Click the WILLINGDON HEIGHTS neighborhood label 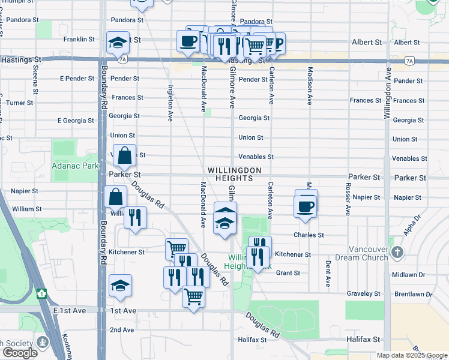click(235, 174)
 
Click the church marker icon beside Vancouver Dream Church click(397, 253)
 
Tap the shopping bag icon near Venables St click(124, 155)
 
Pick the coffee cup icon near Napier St click(306, 206)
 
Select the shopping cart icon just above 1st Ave click(193, 296)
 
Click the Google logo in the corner click(19, 353)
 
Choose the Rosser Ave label click(348, 199)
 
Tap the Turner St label click(20, 103)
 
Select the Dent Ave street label click(328, 273)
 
